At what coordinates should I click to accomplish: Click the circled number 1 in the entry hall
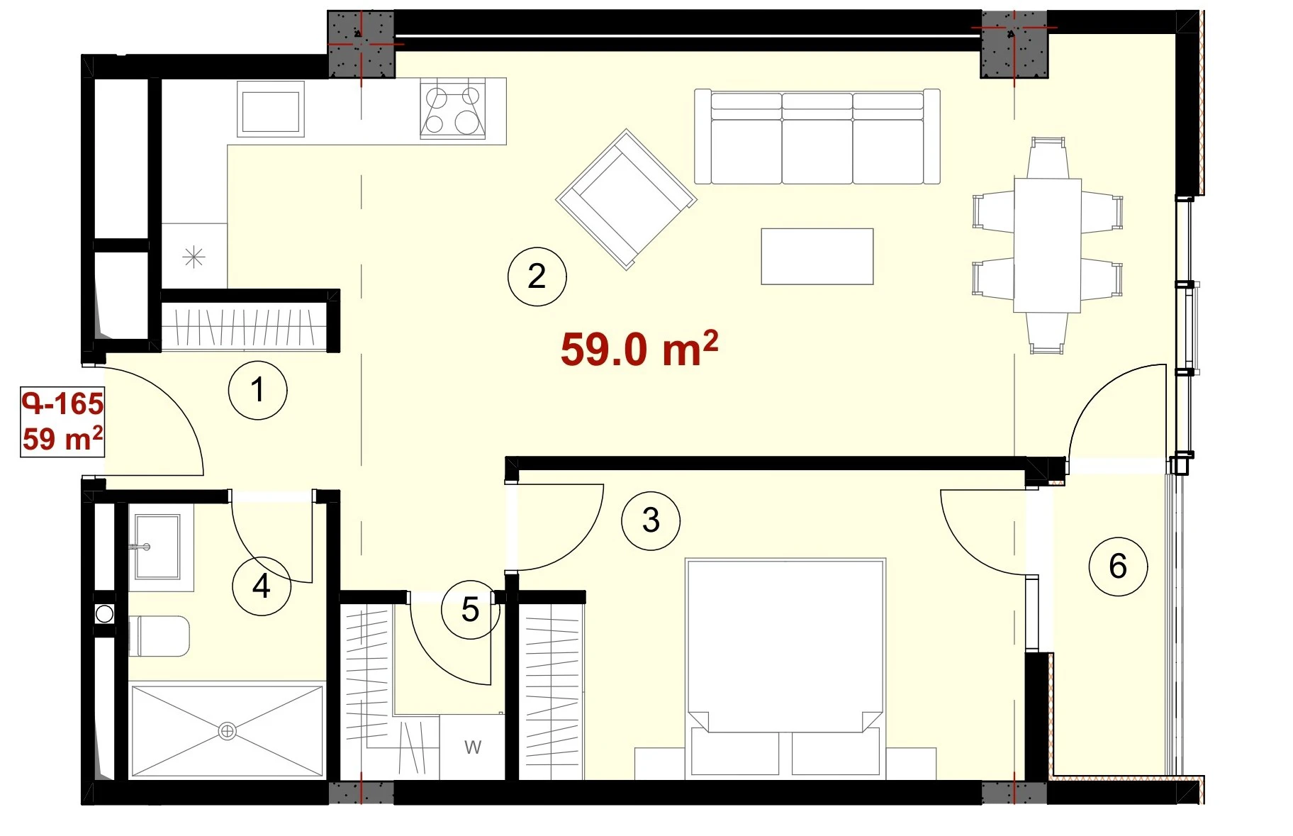(258, 390)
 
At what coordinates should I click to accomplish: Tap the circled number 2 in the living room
(537, 276)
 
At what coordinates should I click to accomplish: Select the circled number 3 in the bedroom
(651, 520)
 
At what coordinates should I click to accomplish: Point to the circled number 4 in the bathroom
(262, 586)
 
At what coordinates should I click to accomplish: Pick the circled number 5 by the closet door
(471, 609)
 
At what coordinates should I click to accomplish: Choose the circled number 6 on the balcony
(1118, 566)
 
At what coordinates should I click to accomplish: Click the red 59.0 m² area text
(639, 349)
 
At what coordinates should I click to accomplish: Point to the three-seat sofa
(817, 136)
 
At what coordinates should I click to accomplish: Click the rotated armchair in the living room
(627, 199)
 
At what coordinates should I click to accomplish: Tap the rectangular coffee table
(817, 256)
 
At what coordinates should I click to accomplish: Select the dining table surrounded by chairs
(1048, 245)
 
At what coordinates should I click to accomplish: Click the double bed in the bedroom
(785, 667)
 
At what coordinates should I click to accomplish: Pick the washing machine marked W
(472, 747)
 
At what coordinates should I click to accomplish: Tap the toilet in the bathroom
(159, 635)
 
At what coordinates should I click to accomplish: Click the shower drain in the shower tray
(228, 730)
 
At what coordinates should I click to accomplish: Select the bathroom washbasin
(157, 547)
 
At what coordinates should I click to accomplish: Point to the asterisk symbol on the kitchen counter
(194, 257)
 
